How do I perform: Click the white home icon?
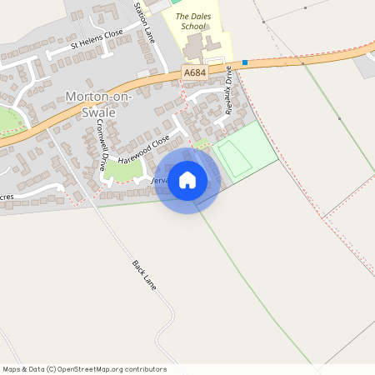click(x=187, y=180)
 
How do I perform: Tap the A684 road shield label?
click(x=193, y=74)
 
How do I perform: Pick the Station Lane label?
click(x=144, y=22)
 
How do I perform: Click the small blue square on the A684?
click(x=245, y=62)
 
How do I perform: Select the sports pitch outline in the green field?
click(x=236, y=158)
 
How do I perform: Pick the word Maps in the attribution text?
click(x=12, y=369)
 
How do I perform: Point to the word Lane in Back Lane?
click(x=150, y=282)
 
